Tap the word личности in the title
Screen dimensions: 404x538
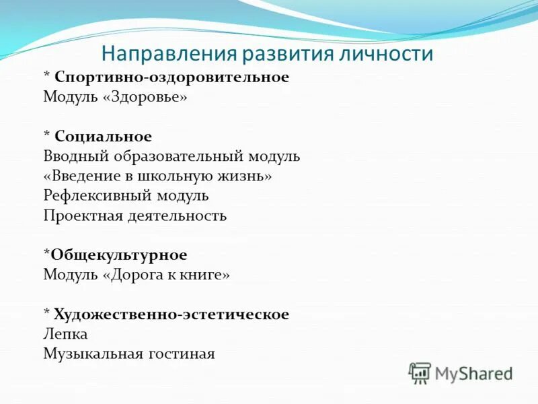(x=391, y=53)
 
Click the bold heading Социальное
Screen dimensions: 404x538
(x=104, y=137)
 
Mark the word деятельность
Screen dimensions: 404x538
(x=172, y=216)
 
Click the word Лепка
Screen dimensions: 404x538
(x=65, y=334)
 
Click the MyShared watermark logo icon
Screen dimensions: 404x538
(x=420, y=373)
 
